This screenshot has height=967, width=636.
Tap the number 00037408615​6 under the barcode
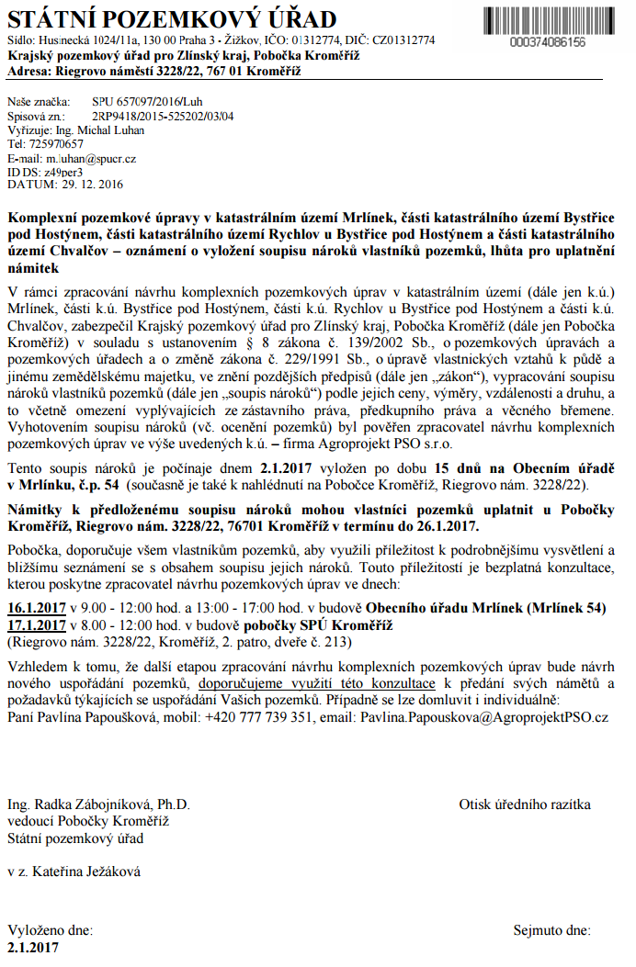546,42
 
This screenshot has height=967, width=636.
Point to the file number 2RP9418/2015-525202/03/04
163,117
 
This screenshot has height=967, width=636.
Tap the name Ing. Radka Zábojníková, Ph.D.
98,804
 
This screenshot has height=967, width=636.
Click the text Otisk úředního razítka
525,804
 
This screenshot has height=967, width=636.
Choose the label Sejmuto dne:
551,930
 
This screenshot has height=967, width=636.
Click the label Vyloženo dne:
50,930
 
